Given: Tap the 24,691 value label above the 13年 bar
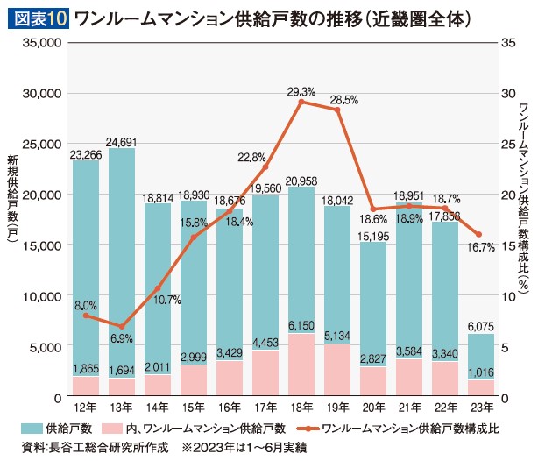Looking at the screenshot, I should pyautogui.click(x=122, y=141).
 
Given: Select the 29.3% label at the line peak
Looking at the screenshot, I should pyautogui.click(x=301, y=91).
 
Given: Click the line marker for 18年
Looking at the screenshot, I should pyautogui.click(x=301, y=103).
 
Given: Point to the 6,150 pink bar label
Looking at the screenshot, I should pyautogui.click(x=301, y=323).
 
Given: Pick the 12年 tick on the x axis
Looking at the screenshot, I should pyautogui.click(x=86, y=408).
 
